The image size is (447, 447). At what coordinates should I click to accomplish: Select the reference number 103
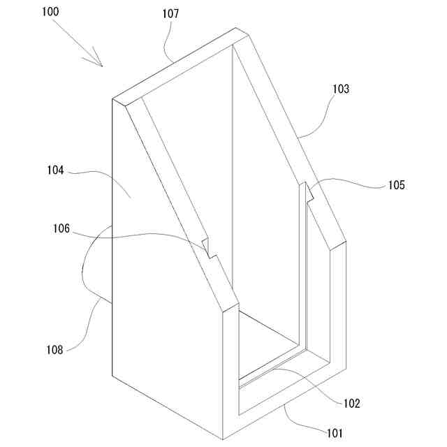pyautogui.click(x=342, y=89)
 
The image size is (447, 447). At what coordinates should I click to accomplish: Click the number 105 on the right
pyautogui.click(x=396, y=185)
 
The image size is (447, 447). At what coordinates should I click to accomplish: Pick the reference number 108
pyautogui.click(x=54, y=350)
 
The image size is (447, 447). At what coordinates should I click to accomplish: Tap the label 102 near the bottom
pyautogui.click(x=351, y=403)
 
